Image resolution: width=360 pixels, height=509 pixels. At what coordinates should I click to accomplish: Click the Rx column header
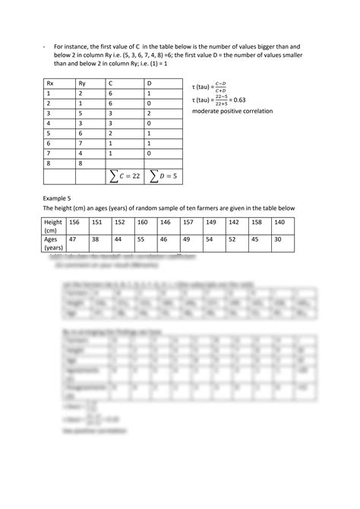click(x=50, y=82)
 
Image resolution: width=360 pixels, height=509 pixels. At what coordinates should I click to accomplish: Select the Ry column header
click(x=81, y=82)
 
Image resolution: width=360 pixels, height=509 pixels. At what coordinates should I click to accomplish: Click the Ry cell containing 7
click(x=81, y=142)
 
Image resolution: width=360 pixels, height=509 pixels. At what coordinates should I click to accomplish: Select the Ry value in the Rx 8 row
click(x=81, y=162)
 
